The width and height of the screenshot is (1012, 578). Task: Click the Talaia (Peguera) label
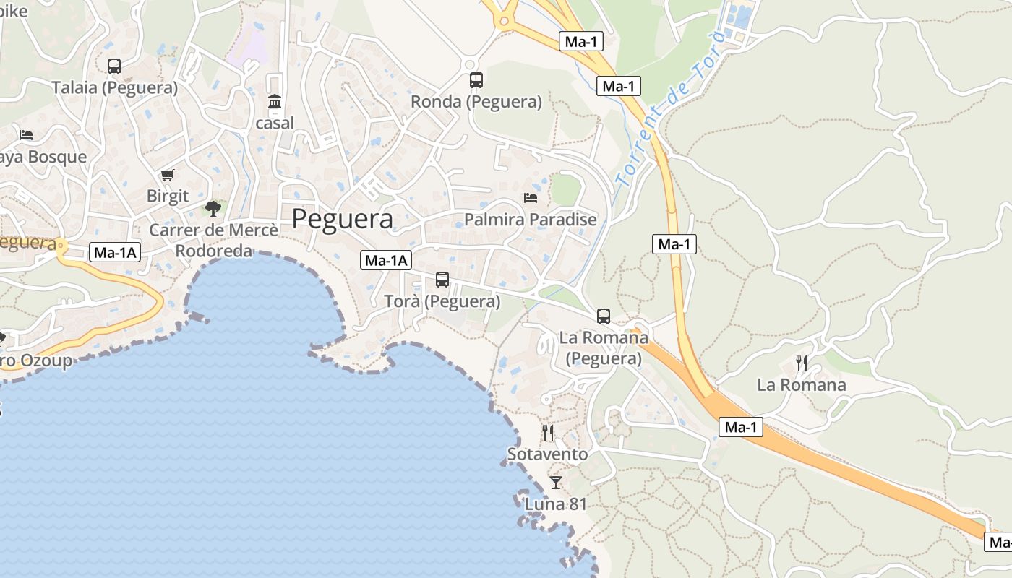tap(114, 88)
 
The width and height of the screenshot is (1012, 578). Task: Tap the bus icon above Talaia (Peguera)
tap(114, 66)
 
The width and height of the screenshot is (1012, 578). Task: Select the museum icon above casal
tap(275, 102)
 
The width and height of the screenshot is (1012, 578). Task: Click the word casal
tap(275, 123)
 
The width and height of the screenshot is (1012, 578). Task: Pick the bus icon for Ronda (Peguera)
tap(476, 80)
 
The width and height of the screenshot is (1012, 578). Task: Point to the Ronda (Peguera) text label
tap(476, 102)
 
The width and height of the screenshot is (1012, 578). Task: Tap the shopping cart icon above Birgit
tap(168, 175)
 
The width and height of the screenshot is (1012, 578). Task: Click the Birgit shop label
tap(168, 196)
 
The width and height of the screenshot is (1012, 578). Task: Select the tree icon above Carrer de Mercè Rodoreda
tap(213, 209)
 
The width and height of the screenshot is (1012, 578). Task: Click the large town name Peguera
tap(343, 219)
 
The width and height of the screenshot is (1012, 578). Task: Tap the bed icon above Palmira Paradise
tap(531, 198)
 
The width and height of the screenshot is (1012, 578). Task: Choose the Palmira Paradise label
tap(531, 219)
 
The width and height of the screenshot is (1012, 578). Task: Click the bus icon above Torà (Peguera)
tap(442, 280)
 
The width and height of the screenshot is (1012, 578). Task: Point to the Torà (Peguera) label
tap(442, 301)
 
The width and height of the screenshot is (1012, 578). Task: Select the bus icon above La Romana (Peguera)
tap(604, 316)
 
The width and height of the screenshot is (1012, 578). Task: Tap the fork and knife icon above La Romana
tap(801, 363)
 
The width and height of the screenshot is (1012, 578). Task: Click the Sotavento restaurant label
tap(547, 454)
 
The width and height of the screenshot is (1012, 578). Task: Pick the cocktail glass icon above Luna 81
tap(555, 483)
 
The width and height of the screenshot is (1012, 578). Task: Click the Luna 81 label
tap(555, 504)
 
